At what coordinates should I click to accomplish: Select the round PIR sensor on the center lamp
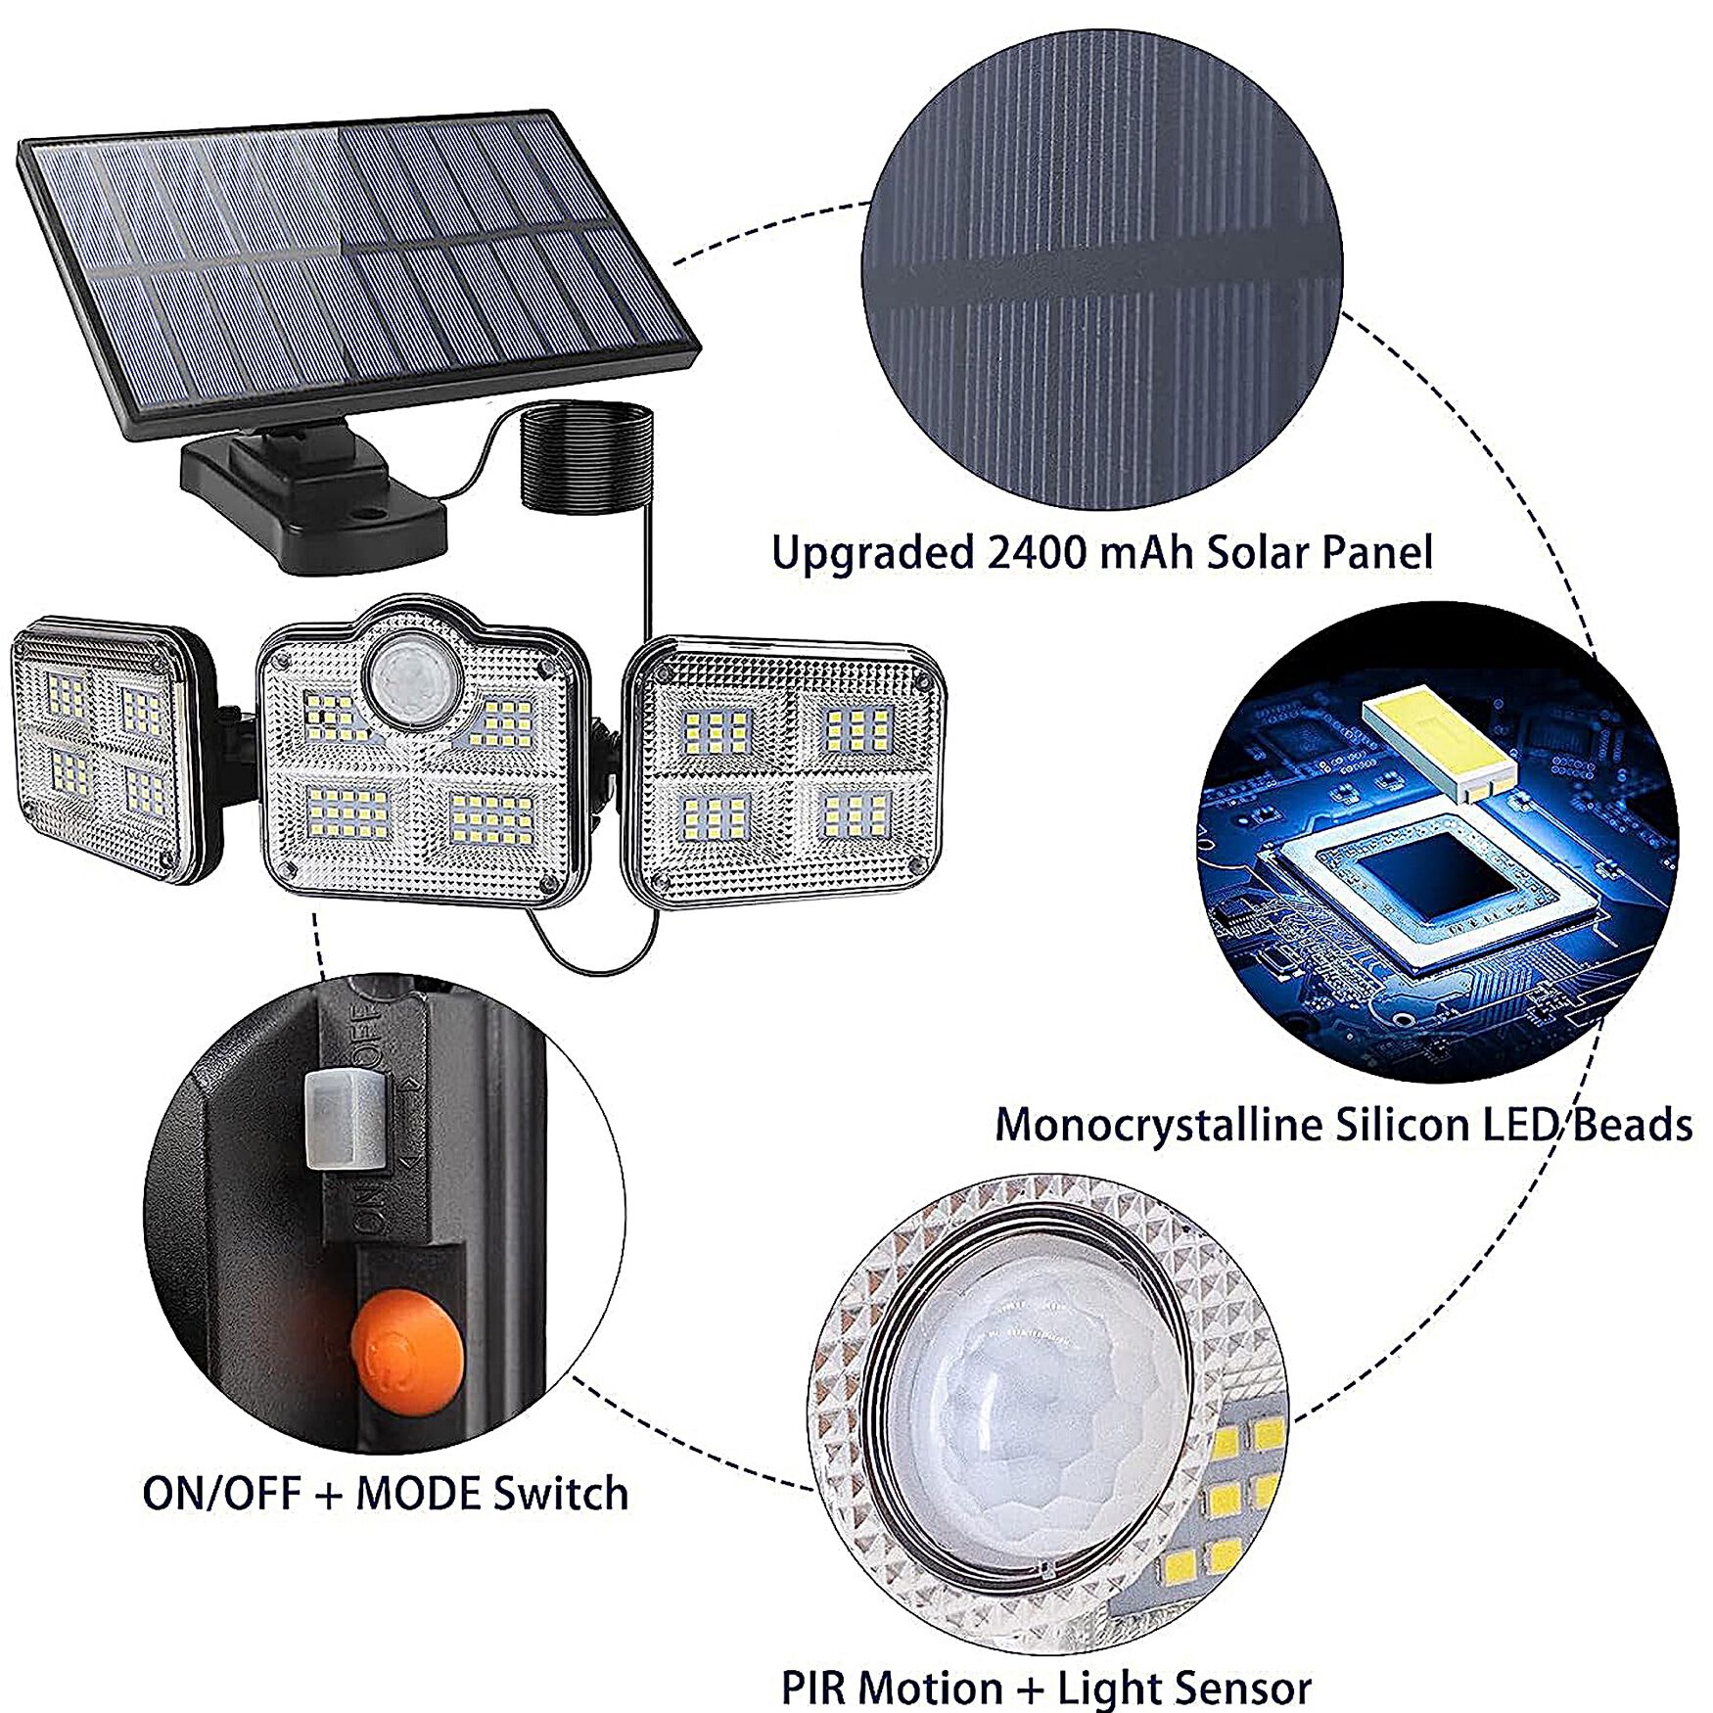click(411, 678)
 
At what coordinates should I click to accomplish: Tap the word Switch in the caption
click(560, 1494)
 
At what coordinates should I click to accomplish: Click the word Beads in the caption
click(1632, 1125)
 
